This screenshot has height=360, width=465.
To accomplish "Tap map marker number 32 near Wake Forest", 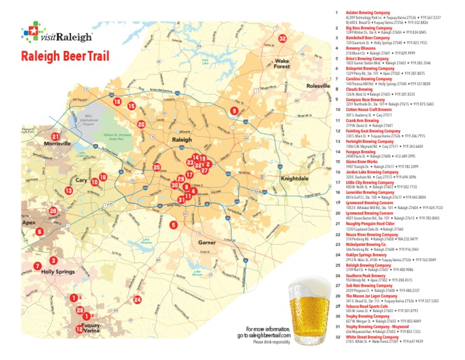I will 282,39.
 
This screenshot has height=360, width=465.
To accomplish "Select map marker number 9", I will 234,111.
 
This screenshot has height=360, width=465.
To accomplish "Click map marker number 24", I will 137,300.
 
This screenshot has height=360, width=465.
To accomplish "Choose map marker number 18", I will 117,102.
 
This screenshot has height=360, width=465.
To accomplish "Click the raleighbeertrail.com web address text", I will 263,335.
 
